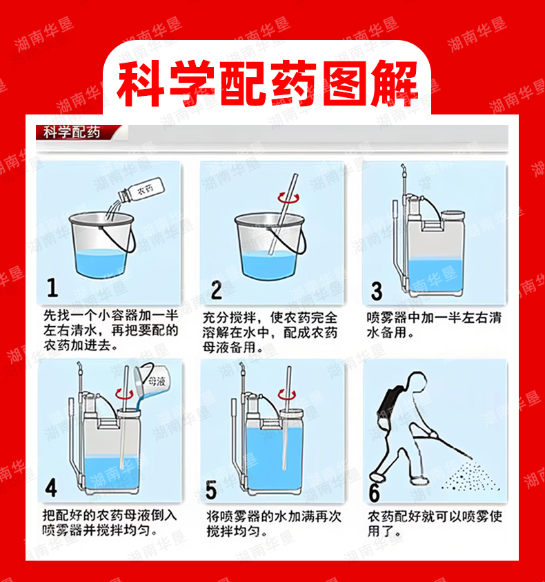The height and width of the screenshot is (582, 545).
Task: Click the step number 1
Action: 52,288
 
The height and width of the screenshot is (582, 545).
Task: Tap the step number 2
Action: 217,290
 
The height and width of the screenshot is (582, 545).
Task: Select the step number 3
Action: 377,291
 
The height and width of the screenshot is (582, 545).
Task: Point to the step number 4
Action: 51,488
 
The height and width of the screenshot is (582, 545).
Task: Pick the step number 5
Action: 211,490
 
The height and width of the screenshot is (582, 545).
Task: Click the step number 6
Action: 374,493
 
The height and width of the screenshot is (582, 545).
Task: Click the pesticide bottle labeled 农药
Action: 141,190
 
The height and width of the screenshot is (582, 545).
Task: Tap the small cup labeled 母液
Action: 152,381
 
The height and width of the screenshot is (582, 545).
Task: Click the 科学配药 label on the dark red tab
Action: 72,132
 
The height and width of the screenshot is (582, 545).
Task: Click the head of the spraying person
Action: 417,381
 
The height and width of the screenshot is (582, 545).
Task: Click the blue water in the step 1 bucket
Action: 101,263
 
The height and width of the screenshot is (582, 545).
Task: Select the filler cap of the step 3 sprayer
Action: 452,215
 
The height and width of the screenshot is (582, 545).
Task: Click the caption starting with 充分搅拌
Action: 270,332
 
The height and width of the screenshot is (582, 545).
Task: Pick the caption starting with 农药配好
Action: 435,523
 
